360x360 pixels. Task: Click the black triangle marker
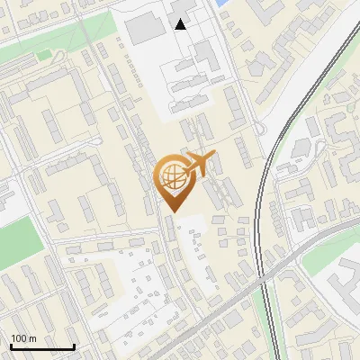click(181, 24)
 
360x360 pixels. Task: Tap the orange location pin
click(172, 181)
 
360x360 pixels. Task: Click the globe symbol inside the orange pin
click(171, 175)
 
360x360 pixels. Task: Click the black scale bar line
click(42, 346)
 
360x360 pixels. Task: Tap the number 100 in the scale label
click(19, 338)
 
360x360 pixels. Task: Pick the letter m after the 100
click(31, 338)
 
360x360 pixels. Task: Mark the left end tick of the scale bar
click(11, 345)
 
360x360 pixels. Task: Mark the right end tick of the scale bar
click(74, 345)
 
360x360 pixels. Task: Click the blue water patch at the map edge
click(221, 4)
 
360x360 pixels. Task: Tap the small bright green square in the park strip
click(43, 55)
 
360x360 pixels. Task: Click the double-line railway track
click(261, 225)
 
